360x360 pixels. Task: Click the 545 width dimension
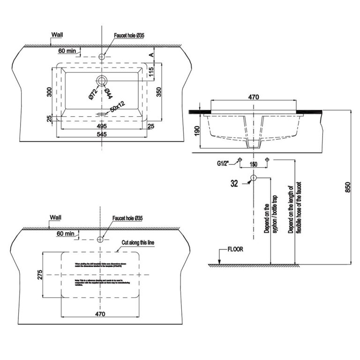[102, 134]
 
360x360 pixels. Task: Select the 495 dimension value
[102, 126]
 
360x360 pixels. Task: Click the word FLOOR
[234, 249]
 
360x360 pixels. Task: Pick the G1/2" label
[225, 164]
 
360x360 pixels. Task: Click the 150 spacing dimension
[254, 165]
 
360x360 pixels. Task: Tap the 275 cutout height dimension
[40, 274]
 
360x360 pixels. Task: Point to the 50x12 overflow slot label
[117, 109]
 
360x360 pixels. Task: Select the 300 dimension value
[49, 91]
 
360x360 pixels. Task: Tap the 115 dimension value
[151, 72]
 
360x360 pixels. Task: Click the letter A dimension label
[151, 54]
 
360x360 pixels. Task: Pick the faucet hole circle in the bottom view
[100, 240]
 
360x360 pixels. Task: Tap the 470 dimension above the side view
[254, 97]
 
